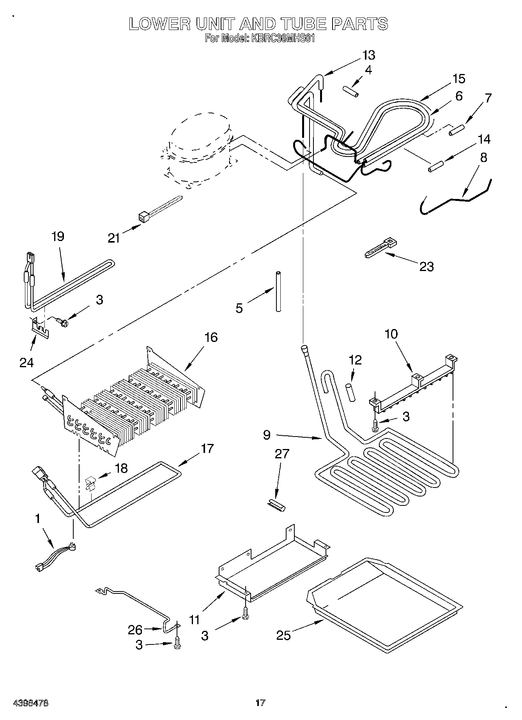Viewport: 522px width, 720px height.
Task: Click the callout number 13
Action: [368, 55]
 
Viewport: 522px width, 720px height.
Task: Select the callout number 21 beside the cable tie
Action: [114, 238]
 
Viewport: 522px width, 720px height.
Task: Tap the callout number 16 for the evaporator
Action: [211, 337]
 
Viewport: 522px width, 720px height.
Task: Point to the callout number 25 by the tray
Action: [284, 635]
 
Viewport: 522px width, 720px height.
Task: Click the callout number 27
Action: [282, 454]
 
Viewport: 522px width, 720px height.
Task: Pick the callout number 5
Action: [239, 308]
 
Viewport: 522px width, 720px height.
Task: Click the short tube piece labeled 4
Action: [350, 93]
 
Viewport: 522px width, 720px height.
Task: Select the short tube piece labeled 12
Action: [350, 391]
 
